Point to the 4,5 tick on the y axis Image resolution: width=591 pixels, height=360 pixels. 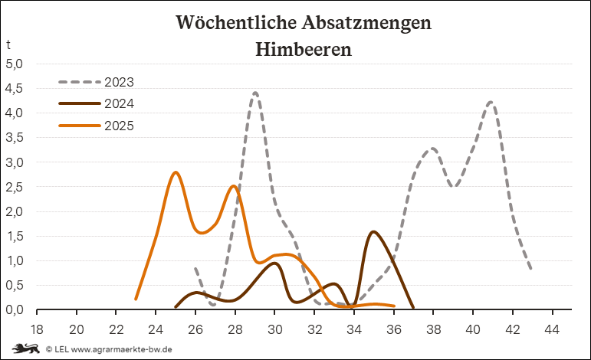click(15, 88)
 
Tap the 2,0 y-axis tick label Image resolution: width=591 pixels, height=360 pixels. click(15, 211)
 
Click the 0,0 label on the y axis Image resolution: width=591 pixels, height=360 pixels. click(15, 309)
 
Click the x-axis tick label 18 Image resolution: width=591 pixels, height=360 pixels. click(36, 330)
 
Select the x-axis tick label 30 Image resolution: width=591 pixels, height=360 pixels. click(274, 330)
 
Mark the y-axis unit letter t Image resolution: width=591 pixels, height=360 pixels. click(8, 44)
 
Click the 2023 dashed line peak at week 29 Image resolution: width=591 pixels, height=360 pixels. click(254, 93)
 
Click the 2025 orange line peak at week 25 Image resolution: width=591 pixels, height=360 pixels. click(176, 172)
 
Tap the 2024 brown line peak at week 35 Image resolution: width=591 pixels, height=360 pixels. click(373, 231)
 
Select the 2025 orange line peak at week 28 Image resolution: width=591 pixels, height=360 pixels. click(234, 186)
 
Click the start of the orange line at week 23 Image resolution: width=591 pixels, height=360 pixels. click(136, 299)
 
